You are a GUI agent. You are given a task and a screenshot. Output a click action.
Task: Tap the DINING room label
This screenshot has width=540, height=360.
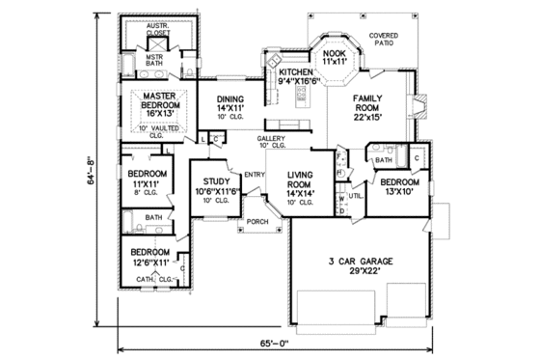[x=229, y=99]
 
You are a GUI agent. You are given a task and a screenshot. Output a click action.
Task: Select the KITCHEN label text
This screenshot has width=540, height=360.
[x=296, y=73]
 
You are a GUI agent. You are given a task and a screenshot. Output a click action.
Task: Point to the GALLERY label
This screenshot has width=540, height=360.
[x=270, y=141]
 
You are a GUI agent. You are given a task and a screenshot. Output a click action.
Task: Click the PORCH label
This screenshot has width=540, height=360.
[x=257, y=221]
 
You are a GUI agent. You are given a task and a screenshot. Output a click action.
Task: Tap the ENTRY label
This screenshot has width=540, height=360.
[x=255, y=174]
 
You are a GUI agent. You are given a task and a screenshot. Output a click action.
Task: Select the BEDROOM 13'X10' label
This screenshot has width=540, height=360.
[x=399, y=186]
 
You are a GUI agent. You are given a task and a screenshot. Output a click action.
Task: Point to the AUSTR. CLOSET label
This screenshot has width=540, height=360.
[x=158, y=28]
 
